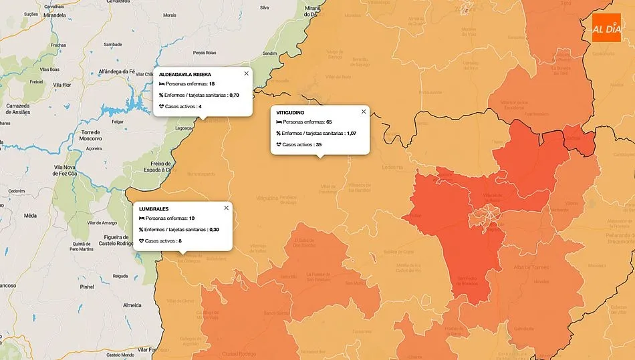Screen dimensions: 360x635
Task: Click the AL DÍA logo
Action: (x=606, y=28)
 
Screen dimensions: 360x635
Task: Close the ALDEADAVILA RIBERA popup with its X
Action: (x=246, y=73)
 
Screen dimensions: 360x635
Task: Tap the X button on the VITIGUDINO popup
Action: (x=364, y=112)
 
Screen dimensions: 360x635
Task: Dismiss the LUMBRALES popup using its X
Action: (x=226, y=208)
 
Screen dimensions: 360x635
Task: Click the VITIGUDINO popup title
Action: (x=290, y=112)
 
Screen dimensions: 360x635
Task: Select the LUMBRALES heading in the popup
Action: (x=154, y=208)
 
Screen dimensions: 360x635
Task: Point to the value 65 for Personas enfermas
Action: (x=329, y=122)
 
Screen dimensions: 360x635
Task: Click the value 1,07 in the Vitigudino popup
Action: (x=352, y=134)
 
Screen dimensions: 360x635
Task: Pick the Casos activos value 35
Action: (x=319, y=144)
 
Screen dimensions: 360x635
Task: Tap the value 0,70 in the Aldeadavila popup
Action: (x=234, y=96)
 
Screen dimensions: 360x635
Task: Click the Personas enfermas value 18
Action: (x=212, y=84)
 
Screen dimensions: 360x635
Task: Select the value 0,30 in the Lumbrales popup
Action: (x=214, y=229)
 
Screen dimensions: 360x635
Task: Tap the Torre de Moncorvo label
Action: (x=90, y=136)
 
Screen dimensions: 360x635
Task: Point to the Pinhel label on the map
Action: (x=86, y=286)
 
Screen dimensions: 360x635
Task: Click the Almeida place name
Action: (x=132, y=305)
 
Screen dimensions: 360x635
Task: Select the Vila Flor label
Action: (x=62, y=85)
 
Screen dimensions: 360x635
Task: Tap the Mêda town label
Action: (x=30, y=216)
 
